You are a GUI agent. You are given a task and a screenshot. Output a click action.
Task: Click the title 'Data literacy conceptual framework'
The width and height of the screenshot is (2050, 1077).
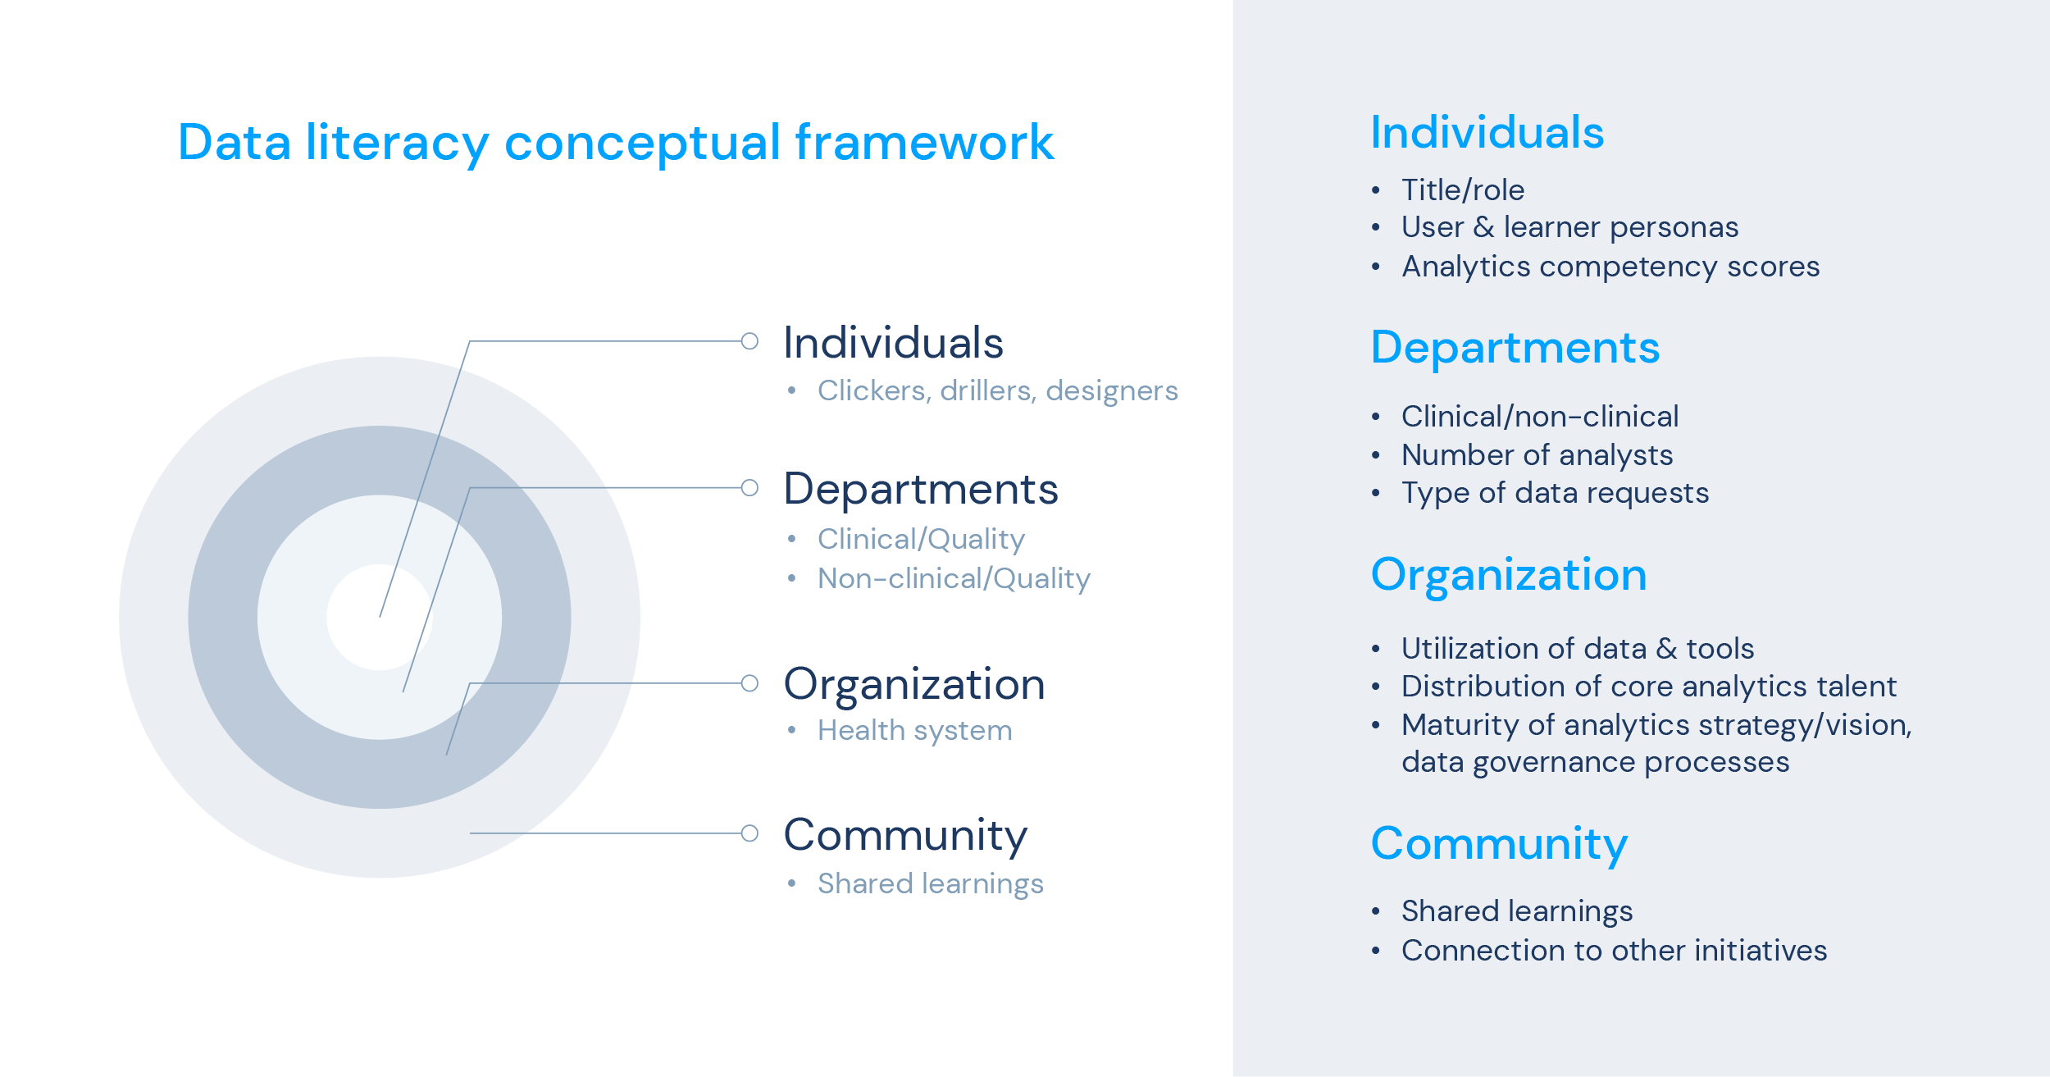(x=615, y=143)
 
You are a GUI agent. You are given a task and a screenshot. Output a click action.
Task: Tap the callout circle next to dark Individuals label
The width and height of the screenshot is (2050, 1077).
(x=749, y=341)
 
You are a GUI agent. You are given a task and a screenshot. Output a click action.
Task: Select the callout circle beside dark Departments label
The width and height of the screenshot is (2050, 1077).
(x=749, y=488)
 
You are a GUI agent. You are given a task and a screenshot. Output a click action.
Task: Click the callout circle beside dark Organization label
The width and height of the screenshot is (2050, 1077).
(x=749, y=683)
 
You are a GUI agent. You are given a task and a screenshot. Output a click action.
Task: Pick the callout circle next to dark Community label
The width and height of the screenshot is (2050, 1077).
(x=749, y=833)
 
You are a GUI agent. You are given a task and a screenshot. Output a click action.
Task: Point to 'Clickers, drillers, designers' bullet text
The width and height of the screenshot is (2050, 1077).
(x=997, y=391)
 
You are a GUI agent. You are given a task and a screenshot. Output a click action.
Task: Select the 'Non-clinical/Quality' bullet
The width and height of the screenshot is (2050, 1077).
(x=954, y=579)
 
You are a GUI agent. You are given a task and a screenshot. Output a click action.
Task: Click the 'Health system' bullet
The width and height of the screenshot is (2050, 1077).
(x=914, y=730)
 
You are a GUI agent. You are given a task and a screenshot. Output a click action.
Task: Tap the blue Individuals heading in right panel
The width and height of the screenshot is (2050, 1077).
(x=1487, y=133)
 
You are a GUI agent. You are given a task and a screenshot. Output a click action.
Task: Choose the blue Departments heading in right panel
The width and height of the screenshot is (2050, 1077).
(x=1515, y=349)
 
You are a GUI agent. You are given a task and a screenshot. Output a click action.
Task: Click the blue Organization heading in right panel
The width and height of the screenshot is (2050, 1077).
(x=1509, y=575)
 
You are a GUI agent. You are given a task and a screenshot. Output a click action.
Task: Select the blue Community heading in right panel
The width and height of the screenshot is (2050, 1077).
(x=1499, y=844)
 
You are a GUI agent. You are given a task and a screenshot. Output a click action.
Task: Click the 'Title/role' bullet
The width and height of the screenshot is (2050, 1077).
(x=1463, y=190)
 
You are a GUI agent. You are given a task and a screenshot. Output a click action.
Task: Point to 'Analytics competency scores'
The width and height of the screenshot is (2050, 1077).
(x=1610, y=267)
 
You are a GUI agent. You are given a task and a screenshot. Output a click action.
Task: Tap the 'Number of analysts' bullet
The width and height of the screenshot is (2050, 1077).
(x=1537, y=455)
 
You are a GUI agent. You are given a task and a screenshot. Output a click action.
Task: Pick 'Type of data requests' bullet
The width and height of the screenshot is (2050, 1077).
(x=1555, y=493)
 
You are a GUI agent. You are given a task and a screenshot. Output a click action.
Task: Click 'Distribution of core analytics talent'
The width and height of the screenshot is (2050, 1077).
(x=1649, y=687)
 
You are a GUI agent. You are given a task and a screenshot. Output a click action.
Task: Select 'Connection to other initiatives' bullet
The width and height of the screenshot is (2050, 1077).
(x=1614, y=951)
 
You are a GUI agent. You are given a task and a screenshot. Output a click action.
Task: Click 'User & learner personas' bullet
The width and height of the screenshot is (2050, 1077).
(x=1569, y=227)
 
